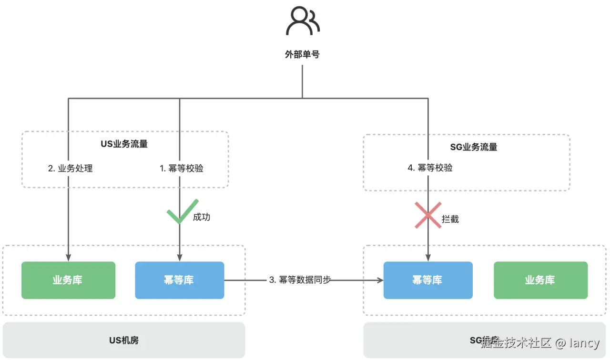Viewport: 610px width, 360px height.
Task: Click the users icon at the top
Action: [302, 21]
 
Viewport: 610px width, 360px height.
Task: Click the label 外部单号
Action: [302, 54]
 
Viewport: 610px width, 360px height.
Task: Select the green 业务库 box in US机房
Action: [68, 280]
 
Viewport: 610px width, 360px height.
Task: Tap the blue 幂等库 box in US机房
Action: [179, 280]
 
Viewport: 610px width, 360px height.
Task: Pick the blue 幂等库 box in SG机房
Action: [427, 280]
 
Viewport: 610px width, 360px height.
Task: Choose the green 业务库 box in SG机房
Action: [540, 280]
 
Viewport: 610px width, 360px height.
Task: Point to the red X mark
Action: [427, 215]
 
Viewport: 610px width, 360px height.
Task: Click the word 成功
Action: [201, 217]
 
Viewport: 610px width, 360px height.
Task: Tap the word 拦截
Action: [450, 219]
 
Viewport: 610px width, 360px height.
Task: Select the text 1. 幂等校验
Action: [182, 168]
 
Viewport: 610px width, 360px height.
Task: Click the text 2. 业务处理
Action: [71, 168]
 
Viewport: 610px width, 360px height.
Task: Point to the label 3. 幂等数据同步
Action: [300, 280]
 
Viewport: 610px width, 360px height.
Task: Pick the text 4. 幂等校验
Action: [430, 168]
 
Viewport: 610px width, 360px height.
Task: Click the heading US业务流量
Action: [124, 144]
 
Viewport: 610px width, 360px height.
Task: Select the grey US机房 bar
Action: [123, 340]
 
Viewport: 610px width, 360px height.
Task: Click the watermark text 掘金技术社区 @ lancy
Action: [539, 342]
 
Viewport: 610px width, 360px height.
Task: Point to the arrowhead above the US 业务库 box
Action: [68, 258]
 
